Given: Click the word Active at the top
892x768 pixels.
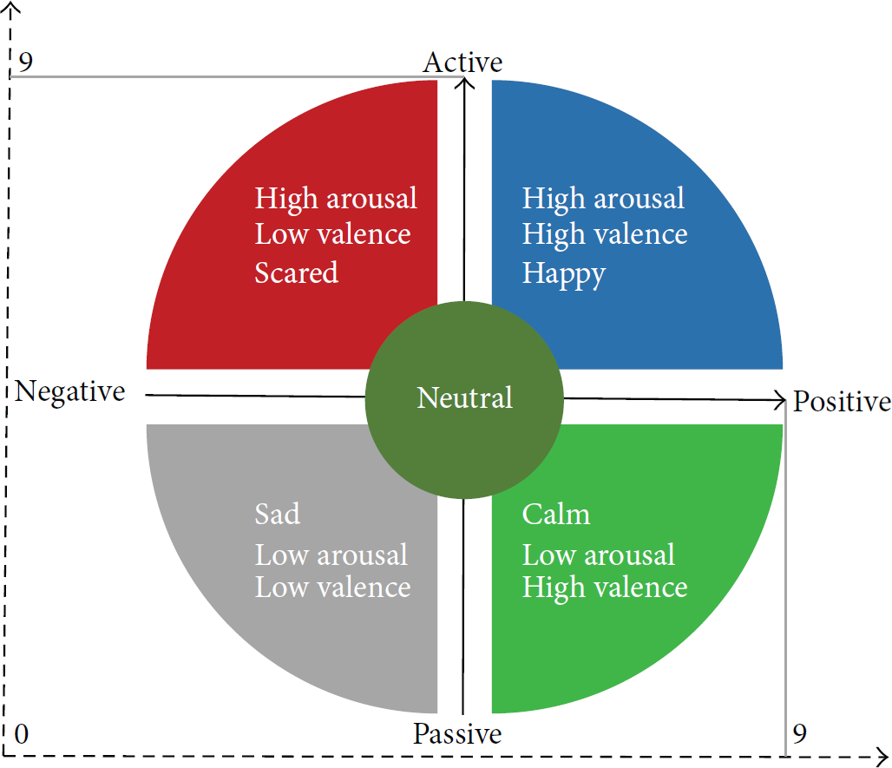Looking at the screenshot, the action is point(462,62).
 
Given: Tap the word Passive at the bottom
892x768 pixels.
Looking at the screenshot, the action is point(457,733).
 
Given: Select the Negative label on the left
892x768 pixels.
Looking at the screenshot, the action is point(70,392).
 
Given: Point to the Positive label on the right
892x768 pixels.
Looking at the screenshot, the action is point(842,401).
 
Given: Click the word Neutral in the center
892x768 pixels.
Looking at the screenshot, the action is point(465,397).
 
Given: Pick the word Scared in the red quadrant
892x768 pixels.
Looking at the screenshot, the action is point(297,272).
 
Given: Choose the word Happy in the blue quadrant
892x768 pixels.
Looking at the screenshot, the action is point(564,275).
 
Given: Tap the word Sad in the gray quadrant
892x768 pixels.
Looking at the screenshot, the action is point(277,514).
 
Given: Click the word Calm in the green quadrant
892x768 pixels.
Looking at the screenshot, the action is point(556,514).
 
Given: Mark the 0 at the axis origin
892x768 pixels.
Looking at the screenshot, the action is point(21,734).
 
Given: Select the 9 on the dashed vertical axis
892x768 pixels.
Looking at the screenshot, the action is point(25,62).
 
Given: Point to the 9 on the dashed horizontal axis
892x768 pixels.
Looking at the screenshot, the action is point(799,733).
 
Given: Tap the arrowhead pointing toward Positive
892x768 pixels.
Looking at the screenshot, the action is point(780,400).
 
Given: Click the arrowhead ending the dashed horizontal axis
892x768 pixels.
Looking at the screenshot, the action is point(882,758).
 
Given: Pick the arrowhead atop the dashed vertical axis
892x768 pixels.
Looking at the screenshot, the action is point(10,7).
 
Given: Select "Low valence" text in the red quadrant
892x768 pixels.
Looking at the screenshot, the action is point(333,233).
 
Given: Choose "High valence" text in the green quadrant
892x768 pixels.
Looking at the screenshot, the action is point(605,588).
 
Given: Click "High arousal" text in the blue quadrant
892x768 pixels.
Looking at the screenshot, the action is point(603,199).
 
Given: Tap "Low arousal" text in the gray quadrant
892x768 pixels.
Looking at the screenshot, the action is point(331,555).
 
